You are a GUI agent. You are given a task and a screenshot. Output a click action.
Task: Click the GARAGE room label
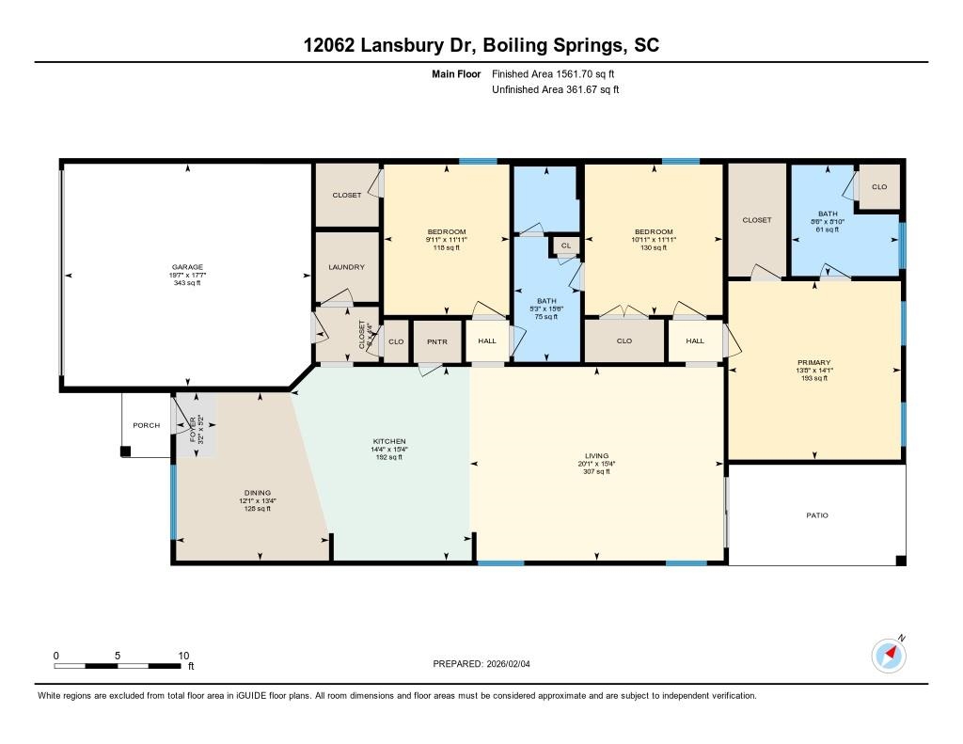click(187, 267)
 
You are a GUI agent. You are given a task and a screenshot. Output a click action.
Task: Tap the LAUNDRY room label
click(346, 267)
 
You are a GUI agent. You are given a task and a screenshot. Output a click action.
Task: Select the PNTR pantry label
click(435, 341)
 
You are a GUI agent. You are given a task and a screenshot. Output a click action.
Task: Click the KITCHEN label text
click(388, 441)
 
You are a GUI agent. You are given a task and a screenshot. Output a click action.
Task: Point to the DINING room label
click(258, 493)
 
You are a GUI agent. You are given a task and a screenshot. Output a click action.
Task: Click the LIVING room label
click(596, 455)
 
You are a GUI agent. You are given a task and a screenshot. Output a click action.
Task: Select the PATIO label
click(817, 515)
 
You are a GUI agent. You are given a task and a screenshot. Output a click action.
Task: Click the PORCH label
click(146, 425)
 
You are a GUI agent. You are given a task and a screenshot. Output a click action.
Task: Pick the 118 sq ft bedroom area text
click(447, 248)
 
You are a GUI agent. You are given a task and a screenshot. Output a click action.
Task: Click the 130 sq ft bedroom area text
click(654, 248)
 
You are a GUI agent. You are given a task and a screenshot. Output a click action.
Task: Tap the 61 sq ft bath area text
click(828, 230)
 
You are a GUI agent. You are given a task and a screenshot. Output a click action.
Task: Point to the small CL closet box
click(565, 245)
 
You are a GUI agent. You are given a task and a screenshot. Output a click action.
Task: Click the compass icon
click(889, 655)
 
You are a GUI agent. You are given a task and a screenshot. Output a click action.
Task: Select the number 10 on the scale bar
click(183, 656)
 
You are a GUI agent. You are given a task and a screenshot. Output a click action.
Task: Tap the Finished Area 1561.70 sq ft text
click(554, 73)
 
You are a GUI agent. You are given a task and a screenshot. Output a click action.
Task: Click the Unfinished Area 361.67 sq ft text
click(556, 90)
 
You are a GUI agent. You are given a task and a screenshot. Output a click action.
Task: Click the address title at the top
click(481, 45)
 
